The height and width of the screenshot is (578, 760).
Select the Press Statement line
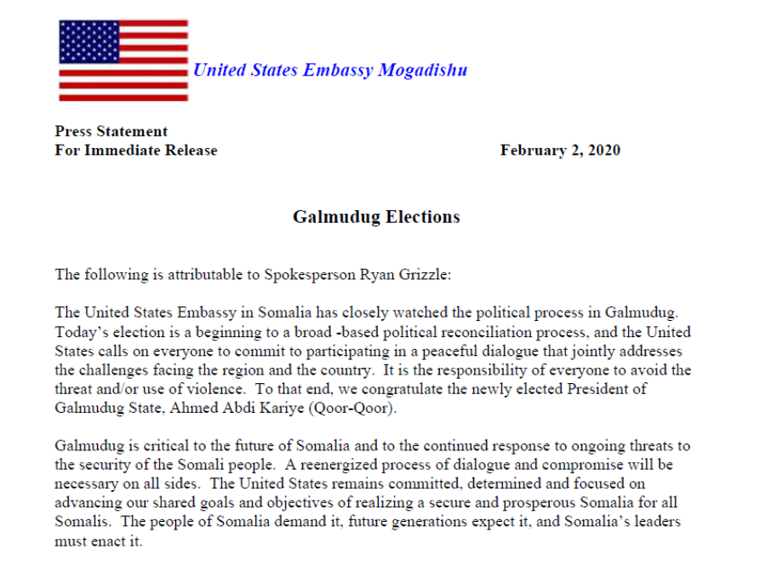(111, 131)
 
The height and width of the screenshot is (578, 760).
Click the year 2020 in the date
(602, 151)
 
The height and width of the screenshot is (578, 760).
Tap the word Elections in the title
(423, 217)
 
